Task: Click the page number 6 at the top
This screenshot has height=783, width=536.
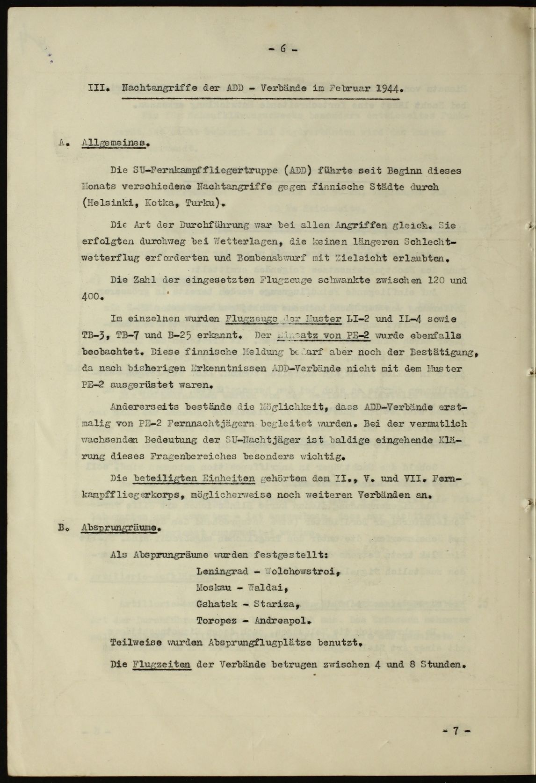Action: (283, 49)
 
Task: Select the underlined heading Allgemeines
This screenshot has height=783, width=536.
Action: (114, 144)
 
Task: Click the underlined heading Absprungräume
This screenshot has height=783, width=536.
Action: (119, 528)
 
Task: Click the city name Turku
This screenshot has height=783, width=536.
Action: (199, 203)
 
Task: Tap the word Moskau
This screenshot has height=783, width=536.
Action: (214, 588)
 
